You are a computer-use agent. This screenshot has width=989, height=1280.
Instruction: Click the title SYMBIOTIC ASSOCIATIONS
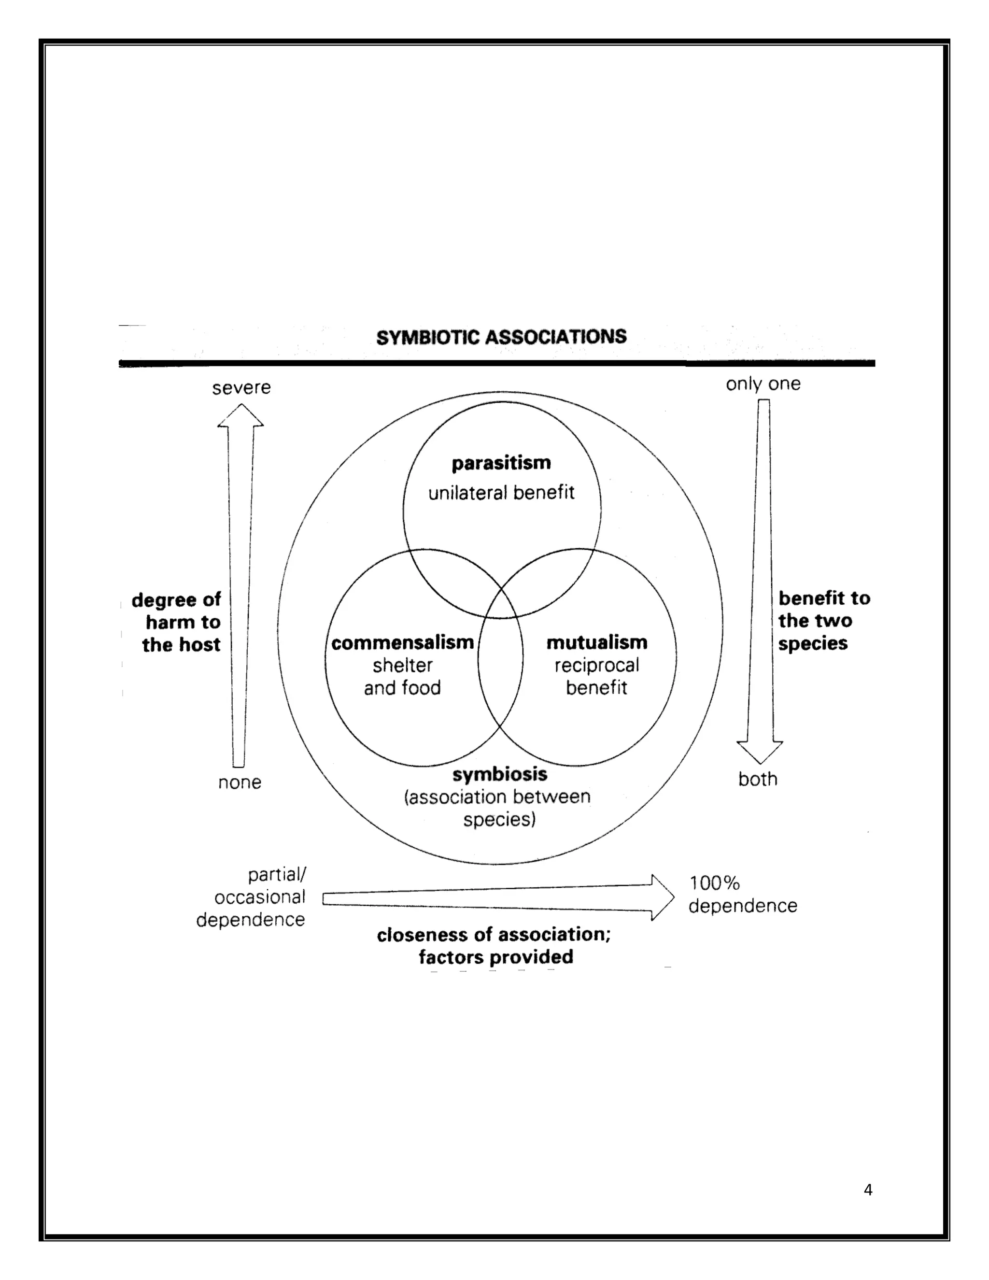pyautogui.click(x=501, y=337)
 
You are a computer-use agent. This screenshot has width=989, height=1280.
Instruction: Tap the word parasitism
pyautogui.click(x=501, y=463)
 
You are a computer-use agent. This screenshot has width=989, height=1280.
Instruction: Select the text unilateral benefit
pyautogui.click(x=501, y=493)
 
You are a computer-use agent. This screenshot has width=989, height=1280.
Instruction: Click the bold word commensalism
pyautogui.click(x=403, y=643)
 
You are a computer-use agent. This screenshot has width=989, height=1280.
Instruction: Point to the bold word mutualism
pyautogui.click(x=596, y=643)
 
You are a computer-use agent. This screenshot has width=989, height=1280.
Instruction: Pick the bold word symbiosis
pyautogui.click(x=500, y=774)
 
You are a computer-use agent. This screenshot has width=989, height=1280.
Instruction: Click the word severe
pyautogui.click(x=241, y=388)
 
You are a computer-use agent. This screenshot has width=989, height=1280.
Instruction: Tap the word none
pyautogui.click(x=240, y=782)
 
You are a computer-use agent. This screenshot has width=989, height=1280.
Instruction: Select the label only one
pyautogui.click(x=763, y=384)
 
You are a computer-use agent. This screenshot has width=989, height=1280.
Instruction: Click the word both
pyautogui.click(x=758, y=780)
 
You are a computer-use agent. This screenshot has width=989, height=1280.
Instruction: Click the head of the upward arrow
pyautogui.click(x=240, y=415)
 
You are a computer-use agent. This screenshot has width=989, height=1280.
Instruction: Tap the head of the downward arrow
pyautogui.click(x=759, y=752)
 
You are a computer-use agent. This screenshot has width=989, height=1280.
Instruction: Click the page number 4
pyautogui.click(x=868, y=1185)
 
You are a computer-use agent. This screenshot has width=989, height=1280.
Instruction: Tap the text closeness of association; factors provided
pyautogui.click(x=494, y=945)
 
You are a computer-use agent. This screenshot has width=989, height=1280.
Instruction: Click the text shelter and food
pyautogui.click(x=403, y=676)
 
